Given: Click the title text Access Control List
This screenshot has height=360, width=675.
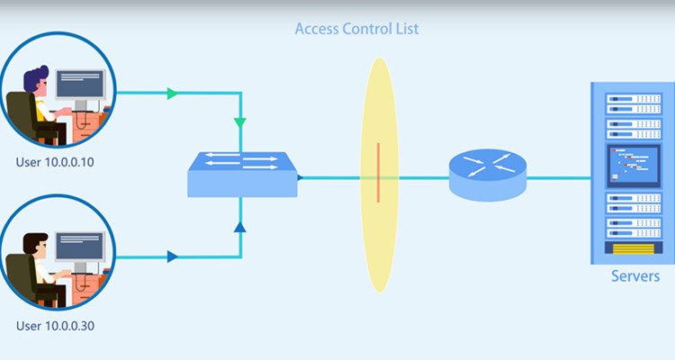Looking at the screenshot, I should (356, 29).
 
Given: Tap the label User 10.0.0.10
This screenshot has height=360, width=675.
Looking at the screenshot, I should (55, 163).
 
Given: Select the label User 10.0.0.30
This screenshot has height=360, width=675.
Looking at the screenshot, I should (55, 326).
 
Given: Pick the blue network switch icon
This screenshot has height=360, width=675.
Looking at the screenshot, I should (241, 175).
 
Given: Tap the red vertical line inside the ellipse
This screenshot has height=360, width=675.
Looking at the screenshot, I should (379, 171).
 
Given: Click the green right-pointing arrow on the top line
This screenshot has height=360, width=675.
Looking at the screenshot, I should (173, 93).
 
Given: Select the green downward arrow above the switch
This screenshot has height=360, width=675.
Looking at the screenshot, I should (239, 121).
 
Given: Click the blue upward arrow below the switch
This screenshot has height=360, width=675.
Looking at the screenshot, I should (239, 228).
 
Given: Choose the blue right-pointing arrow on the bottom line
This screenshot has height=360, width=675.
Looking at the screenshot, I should (173, 257).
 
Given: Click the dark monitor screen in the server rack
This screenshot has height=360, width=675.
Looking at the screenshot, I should (631, 166).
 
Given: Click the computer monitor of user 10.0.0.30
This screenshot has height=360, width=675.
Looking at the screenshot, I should (83, 247).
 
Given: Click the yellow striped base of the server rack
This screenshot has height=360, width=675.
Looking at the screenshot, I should (631, 246).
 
